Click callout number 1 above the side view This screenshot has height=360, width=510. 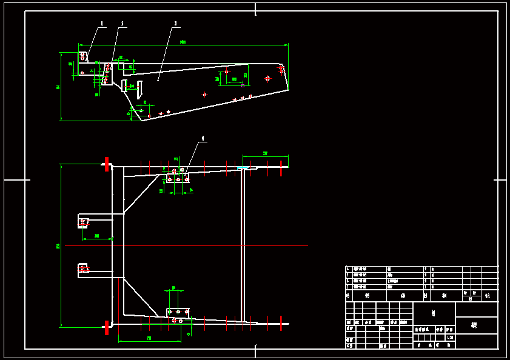pyautogui.click(x=102, y=24)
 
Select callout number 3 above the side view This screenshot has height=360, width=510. pyautogui.click(x=176, y=24)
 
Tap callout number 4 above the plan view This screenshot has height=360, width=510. pyautogui.click(x=203, y=138)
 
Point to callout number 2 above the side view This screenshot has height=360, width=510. pyautogui.click(x=122, y=24)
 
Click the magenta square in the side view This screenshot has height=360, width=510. pyautogui.click(x=243, y=85)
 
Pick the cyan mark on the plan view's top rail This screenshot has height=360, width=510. pyautogui.click(x=243, y=168)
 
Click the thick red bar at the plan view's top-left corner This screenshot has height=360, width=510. pyautogui.click(x=107, y=164)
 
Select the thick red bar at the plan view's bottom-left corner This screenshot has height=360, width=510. pyautogui.click(x=107, y=328)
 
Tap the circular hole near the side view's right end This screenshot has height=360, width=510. pyautogui.click(x=267, y=78)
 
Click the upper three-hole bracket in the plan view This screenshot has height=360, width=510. pyautogui.click(x=178, y=178)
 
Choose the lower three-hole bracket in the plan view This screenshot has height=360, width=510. pyautogui.click(x=178, y=313)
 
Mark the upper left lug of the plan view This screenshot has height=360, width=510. pyautogui.click(x=84, y=222)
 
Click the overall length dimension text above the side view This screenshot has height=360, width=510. pyautogui.click(x=183, y=42)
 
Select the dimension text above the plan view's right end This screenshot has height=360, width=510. pyautogui.click(x=265, y=153)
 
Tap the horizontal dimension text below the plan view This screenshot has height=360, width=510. pyautogui.click(x=149, y=338)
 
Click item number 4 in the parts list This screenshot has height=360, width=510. pyautogui.click(x=347, y=268)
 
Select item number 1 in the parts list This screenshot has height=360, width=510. pyautogui.click(x=347, y=287)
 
